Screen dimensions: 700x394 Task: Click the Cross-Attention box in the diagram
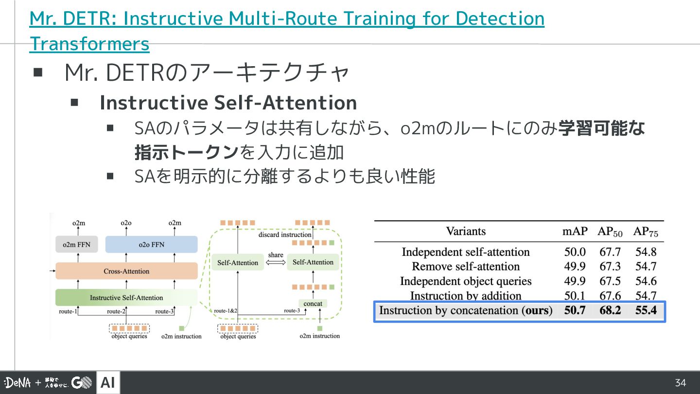tap(126, 271)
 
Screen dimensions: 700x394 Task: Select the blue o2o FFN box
tap(151, 244)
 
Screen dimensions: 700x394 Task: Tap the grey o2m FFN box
tap(76, 244)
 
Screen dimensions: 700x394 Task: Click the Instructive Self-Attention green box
tap(126, 297)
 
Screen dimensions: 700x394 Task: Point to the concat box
tap(313, 304)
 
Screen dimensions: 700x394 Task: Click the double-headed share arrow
tap(275, 263)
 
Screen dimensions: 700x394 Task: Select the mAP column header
tap(575, 232)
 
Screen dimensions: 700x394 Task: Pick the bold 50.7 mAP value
tap(575, 310)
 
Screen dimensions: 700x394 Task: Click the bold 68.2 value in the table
tap(610, 310)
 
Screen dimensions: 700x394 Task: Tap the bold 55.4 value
tap(646, 310)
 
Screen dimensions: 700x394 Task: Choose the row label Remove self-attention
tap(466, 267)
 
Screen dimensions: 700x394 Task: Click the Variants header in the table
tap(466, 232)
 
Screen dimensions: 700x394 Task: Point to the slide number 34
tap(681, 383)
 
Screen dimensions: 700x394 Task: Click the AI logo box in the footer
tap(108, 383)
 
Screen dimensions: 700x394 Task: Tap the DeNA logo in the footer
tap(17, 383)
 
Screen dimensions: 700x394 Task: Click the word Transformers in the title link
tap(89, 44)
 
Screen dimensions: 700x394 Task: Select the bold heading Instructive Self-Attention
tap(228, 103)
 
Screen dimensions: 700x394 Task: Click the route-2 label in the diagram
tap(116, 311)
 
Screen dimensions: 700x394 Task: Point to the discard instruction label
tap(285, 234)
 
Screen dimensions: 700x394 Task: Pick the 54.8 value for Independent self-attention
tap(646, 252)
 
